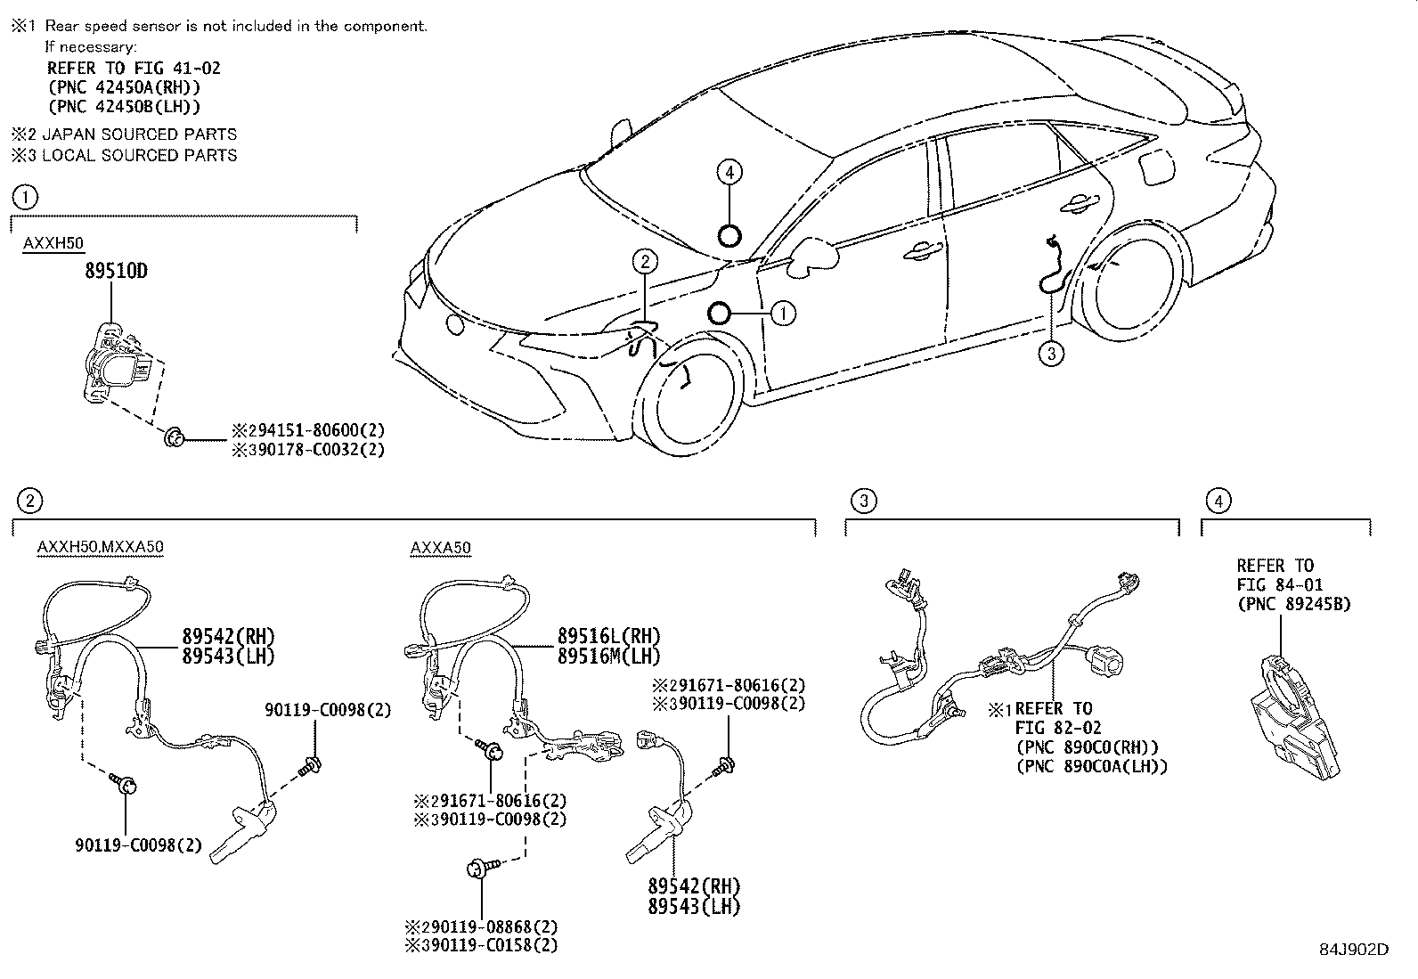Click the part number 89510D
pyautogui.click(x=116, y=271)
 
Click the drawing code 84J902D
pyautogui.click(x=1353, y=950)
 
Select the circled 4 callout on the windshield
pyautogui.click(x=729, y=172)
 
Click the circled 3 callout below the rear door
pyautogui.click(x=1051, y=354)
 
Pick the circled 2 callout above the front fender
pyautogui.click(x=646, y=261)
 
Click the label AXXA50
pyautogui.click(x=441, y=547)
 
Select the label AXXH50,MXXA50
pyautogui.click(x=101, y=547)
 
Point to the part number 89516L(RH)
pyautogui.click(x=609, y=636)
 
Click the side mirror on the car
pyautogui.click(x=813, y=254)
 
